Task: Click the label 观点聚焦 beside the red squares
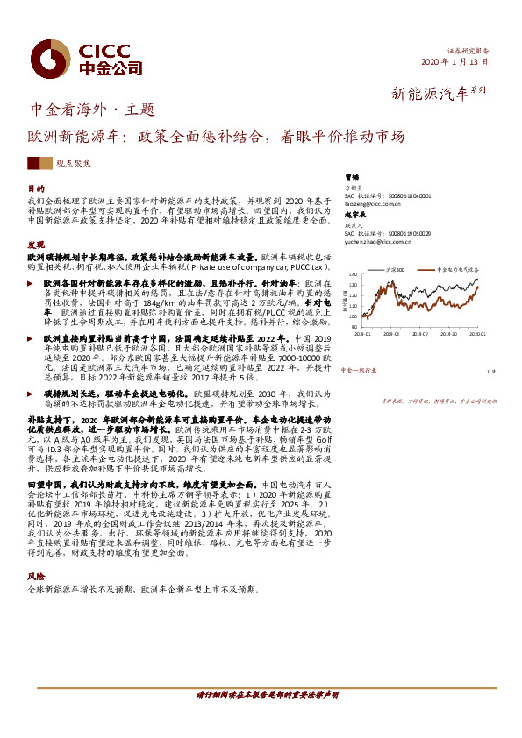tap(72, 164)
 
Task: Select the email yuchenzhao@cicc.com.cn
tap(379, 241)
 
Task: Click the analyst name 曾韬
tap(352, 176)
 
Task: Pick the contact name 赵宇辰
tap(354, 216)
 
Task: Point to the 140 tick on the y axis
tap(352, 275)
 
